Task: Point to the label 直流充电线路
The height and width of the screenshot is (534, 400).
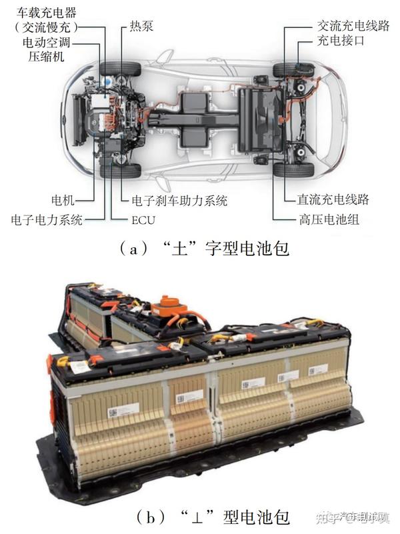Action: (333, 199)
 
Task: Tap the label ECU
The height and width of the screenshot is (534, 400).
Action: (141, 219)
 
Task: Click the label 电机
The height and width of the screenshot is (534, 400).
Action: (65, 199)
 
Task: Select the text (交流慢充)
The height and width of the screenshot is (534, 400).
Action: (46, 27)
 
